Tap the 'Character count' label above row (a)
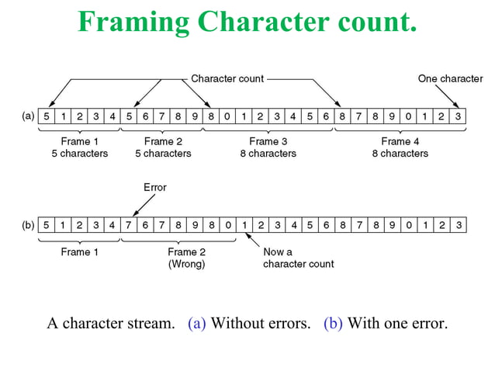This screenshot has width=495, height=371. pos(227,78)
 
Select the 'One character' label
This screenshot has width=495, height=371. pos(450,78)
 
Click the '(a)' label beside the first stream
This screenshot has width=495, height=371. pos(28,116)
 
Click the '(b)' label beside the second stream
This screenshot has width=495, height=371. pos(28,225)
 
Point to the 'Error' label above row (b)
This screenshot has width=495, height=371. pos(155,187)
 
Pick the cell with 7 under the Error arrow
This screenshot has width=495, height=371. pos(129,225)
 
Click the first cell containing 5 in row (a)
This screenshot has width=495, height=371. pos(47,116)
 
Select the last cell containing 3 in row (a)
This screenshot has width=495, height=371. pos(459,116)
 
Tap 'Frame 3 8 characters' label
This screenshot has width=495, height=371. pos(268,147)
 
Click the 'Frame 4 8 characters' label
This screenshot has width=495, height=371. pos(400,147)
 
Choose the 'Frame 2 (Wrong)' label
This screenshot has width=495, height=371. pos(186,258)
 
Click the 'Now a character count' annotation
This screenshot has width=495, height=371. pos(298,258)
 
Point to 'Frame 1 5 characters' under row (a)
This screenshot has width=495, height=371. pos(80,147)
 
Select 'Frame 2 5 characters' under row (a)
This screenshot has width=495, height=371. pos(163,147)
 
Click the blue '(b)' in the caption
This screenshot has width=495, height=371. pos(333,323)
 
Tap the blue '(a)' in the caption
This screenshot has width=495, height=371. pos(197,323)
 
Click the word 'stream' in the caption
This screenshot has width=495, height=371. pos(151,323)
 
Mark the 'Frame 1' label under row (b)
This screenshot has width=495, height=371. pos(80,252)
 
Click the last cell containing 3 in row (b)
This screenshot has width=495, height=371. pos(459,225)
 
